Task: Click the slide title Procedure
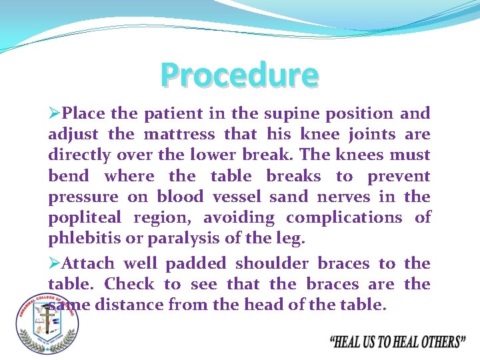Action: (x=239, y=75)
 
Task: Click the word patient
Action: (x=174, y=114)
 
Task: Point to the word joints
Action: (x=369, y=135)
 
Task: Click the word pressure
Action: (x=83, y=197)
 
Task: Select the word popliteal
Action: (x=85, y=218)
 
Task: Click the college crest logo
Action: (x=47, y=323)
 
